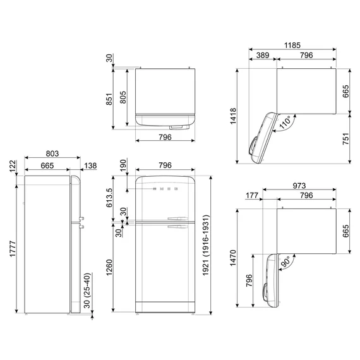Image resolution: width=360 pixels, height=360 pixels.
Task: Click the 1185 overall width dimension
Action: point(292,45)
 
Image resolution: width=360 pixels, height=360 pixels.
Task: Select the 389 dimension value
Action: point(263,55)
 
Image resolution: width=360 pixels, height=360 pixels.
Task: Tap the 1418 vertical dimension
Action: point(233,116)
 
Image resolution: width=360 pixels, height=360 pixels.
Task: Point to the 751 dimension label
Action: point(345,139)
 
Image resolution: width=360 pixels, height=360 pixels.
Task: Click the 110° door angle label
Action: point(285,122)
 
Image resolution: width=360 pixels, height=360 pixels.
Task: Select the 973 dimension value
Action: point(299,186)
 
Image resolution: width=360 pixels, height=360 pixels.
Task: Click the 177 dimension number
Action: point(252,195)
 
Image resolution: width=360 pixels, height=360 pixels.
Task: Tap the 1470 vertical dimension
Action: point(233,258)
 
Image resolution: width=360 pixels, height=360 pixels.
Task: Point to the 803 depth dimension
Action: point(52,153)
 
